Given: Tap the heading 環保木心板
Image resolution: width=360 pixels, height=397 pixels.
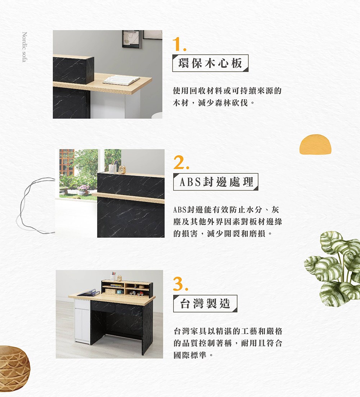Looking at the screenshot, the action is pyautogui.click(x=210, y=63).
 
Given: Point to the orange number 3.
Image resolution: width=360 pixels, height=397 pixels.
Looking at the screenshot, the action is pyautogui.click(x=181, y=284).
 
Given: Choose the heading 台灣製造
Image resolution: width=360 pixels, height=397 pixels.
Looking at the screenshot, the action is pyautogui.click(x=205, y=303).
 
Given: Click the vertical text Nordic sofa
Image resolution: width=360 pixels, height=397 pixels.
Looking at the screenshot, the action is pyautogui.click(x=24, y=47).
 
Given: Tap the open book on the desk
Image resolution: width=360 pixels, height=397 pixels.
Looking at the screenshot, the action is pyautogui.click(x=121, y=80).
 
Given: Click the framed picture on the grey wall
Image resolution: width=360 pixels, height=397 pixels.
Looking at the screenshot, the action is pyautogui.click(x=131, y=39).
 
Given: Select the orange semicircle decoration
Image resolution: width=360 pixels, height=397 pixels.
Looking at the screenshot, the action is pyautogui.click(x=315, y=144).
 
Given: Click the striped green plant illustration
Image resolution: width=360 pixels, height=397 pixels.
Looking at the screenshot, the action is pyautogui.click(x=333, y=268).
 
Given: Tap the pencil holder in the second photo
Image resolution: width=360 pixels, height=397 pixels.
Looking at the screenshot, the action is pyautogui.click(x=113, y=167).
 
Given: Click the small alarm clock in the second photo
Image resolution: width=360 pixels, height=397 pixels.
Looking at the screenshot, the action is pyautogui.click(x=122, y=169).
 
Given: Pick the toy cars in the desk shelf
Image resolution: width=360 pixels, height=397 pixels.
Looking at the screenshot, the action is pyautogui.click(x=136, y=293).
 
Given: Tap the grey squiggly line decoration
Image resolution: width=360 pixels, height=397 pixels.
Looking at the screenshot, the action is pyautogui.click(x=35, y=205).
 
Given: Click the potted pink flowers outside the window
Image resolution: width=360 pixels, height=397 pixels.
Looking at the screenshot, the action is pyautogui.click(x=83, y=190).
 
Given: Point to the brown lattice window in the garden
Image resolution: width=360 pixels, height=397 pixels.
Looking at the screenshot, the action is pyautogui.click(x=67, y=162).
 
